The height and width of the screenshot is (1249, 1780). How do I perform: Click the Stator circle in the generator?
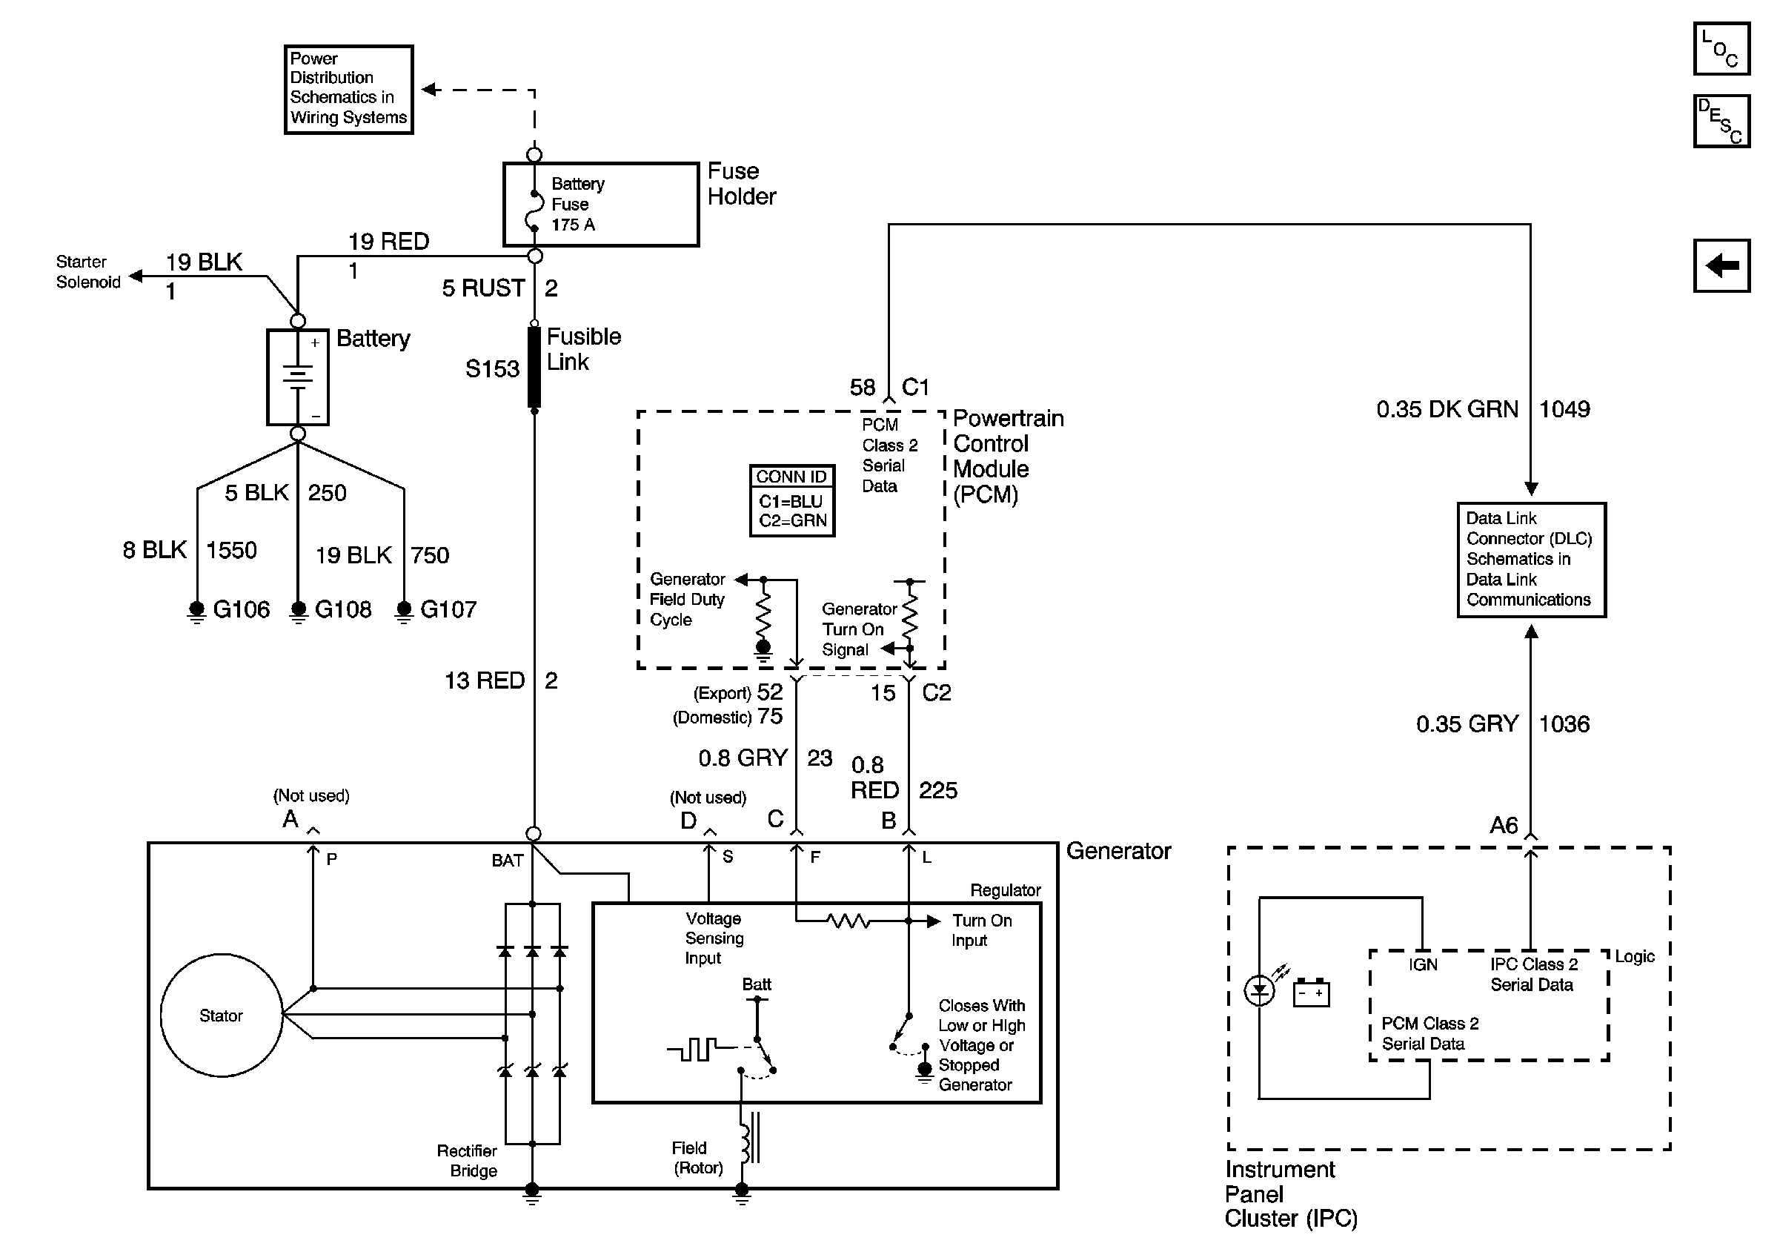tap(222, 1015)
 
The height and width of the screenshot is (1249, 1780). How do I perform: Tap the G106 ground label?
tap(241, 609)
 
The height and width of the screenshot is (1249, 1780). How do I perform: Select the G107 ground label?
tap(448, 609)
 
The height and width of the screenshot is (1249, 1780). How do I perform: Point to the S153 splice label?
tap(491, 369)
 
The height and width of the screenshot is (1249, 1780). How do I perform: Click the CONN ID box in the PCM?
tap(791, 500)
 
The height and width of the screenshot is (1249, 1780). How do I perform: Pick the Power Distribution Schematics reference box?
tap(348, 89)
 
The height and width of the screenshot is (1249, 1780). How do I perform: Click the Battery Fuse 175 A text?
tap(577, 204)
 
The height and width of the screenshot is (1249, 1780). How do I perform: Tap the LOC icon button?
tap(1721, 49)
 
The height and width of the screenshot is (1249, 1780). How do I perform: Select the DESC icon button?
tap(1721, 121)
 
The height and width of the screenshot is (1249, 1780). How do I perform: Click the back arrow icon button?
tap(1721, 266)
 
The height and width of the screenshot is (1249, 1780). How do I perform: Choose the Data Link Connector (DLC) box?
tap(1530, 559)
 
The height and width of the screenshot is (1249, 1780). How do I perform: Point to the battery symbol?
tap(298, 377)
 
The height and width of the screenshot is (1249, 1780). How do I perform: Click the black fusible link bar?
tap(534, 367)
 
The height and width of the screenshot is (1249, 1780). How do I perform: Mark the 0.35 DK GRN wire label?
tap(1447, 409)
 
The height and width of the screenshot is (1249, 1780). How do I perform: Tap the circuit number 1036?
tap(1564, 724)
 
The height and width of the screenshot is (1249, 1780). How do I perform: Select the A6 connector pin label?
tap(1504, 825)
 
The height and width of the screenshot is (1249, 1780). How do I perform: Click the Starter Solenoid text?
tap(87, 272)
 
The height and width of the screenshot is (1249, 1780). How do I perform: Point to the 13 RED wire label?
tap(485, 680)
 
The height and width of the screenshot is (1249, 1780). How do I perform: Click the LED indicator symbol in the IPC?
tap(1259, 991)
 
